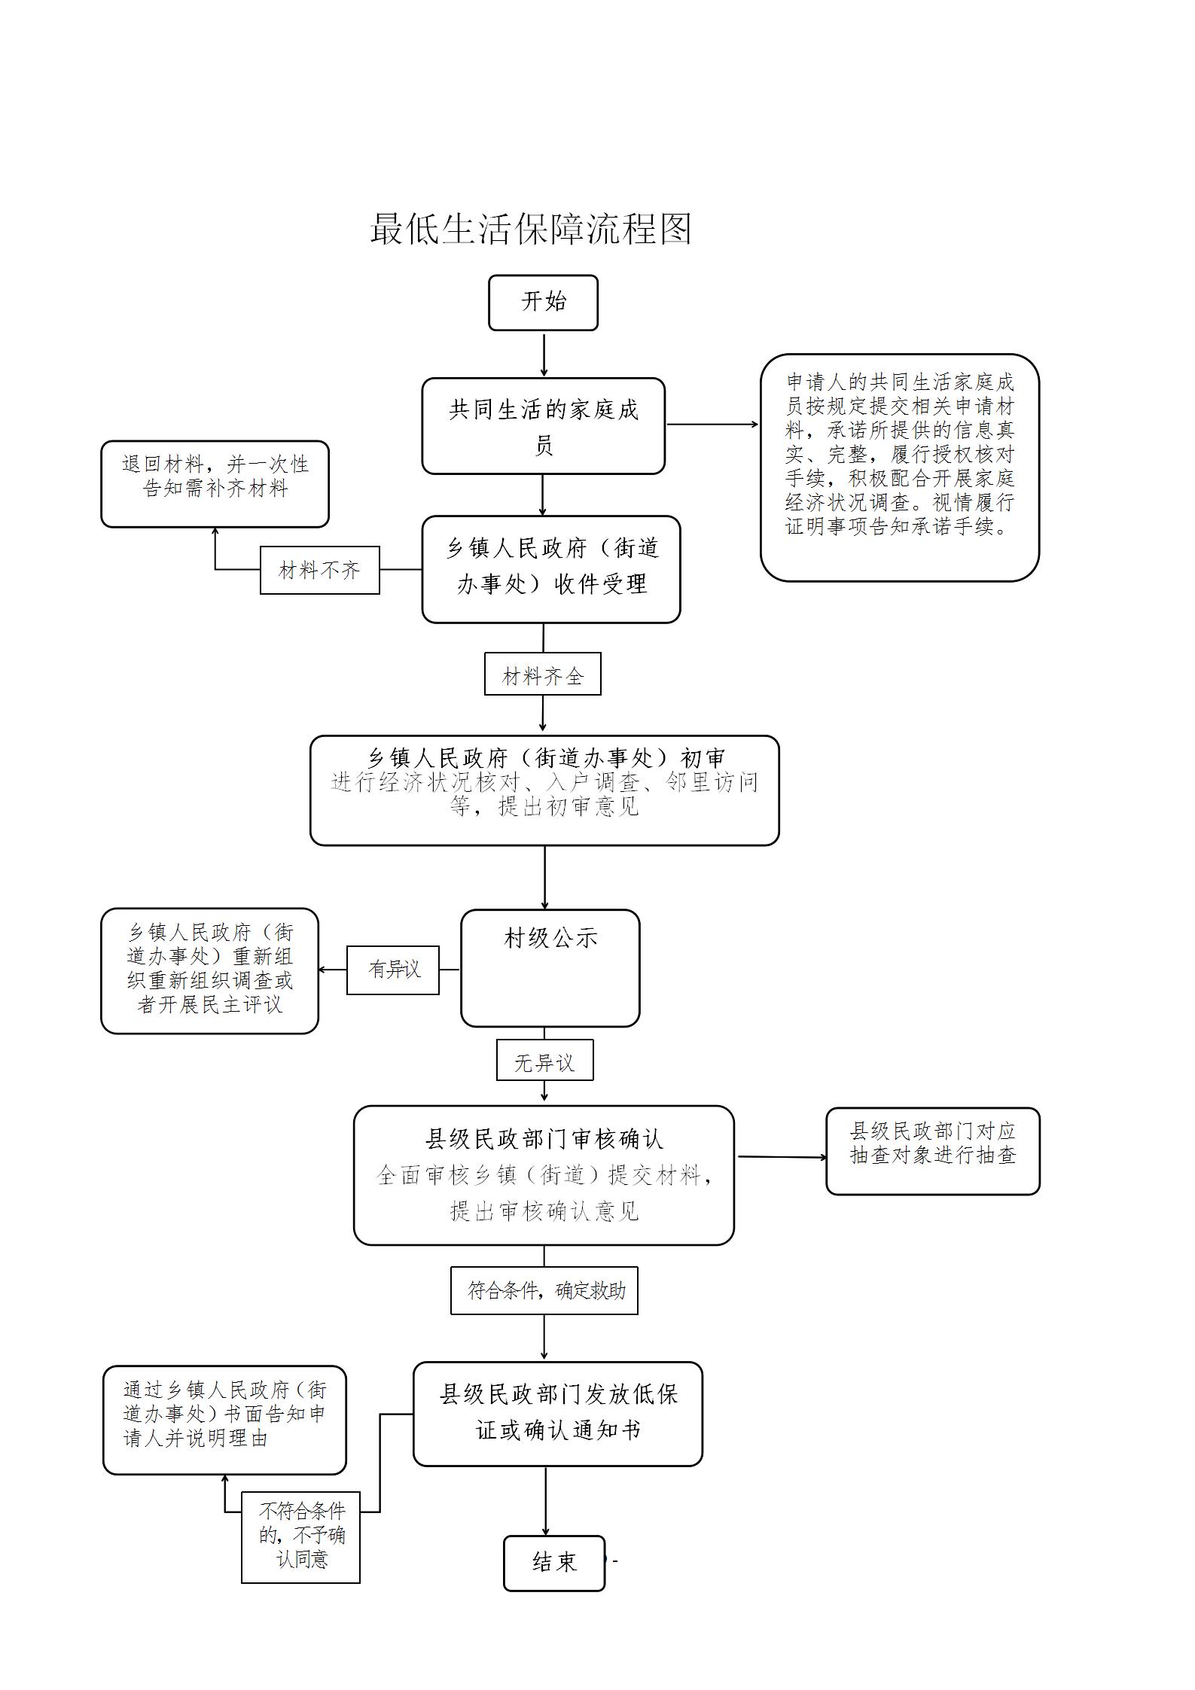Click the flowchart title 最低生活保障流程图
point(530,228)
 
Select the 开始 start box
point(543,303)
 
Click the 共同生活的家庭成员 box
point(543,426)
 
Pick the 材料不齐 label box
point(319,570)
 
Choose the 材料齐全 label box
point(542,674)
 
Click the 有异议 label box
point(393,970)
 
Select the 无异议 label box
point(544,1060)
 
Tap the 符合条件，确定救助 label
point(544,1290)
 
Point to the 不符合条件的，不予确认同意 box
point(301,1537)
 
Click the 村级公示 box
point(550,968)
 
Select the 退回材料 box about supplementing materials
point(215,483)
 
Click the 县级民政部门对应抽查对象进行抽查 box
point(932,1150)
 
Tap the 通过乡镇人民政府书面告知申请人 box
point(224,1420)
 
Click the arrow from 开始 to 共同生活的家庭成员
point(544,354)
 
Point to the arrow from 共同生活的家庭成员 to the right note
point(712,425)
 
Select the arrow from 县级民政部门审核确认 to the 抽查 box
point(780,1156)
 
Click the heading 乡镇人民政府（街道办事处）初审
point(545,757)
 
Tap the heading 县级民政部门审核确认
point(544,1139)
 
